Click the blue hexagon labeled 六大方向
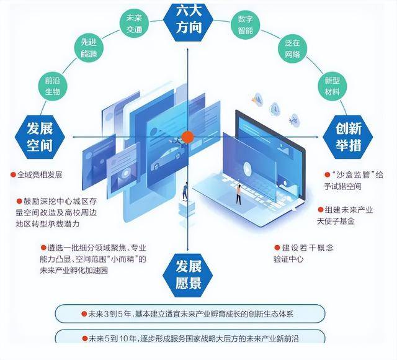pos(189,20)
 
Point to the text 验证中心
pos(288,259)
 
